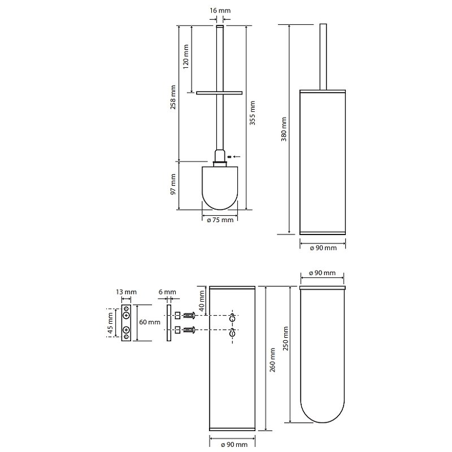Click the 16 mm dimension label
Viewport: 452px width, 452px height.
tap(220, 11)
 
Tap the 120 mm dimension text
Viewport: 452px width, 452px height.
tap(186, 55)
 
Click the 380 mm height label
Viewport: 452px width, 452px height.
tap(284, 129)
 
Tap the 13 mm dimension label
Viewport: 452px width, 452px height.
tap(127, 292)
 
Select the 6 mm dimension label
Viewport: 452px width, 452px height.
tap(167, 292)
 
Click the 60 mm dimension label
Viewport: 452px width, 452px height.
tap(150, 322)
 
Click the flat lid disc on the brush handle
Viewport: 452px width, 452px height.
tap(219, 92)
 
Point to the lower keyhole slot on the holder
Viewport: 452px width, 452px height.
tap(232, 334)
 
